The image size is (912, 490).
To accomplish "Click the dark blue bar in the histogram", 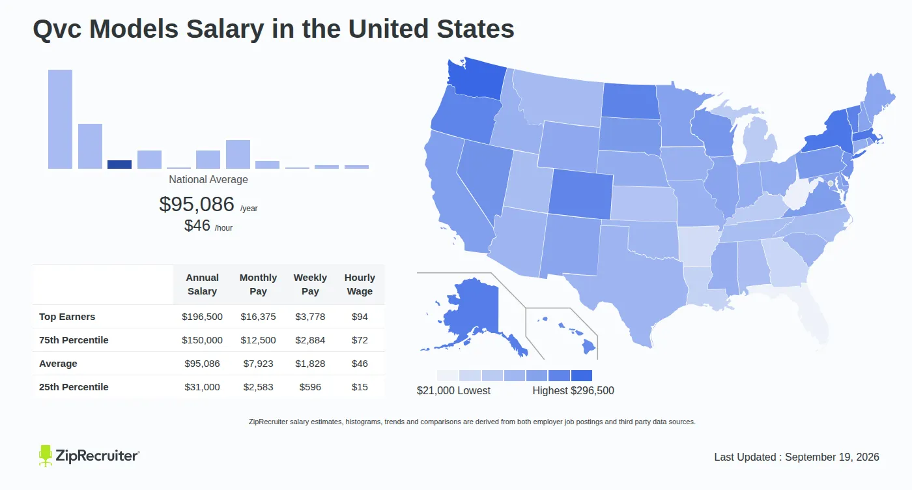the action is [119, 164].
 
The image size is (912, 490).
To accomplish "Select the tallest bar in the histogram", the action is [60, 119].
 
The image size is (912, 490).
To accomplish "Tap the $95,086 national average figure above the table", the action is [197, 204].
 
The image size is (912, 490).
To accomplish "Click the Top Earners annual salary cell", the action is [202, 317].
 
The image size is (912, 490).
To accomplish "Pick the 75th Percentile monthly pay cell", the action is [258, 340].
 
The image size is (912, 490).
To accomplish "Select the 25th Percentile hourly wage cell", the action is [360, 387].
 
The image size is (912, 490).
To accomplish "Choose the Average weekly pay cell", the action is [310, 364].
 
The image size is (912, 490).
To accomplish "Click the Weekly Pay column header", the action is [310, 284].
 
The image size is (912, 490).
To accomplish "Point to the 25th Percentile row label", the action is [74, 387].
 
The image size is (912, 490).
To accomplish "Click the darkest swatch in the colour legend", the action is [581, 375].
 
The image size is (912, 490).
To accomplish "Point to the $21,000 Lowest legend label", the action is [453, 390].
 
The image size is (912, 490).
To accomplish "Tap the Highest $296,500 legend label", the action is [573, 390].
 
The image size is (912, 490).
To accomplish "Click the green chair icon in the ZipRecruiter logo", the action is [45, 455].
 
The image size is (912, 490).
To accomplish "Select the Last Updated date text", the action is [797, 457].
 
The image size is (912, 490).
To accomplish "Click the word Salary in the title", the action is [225, 29].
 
